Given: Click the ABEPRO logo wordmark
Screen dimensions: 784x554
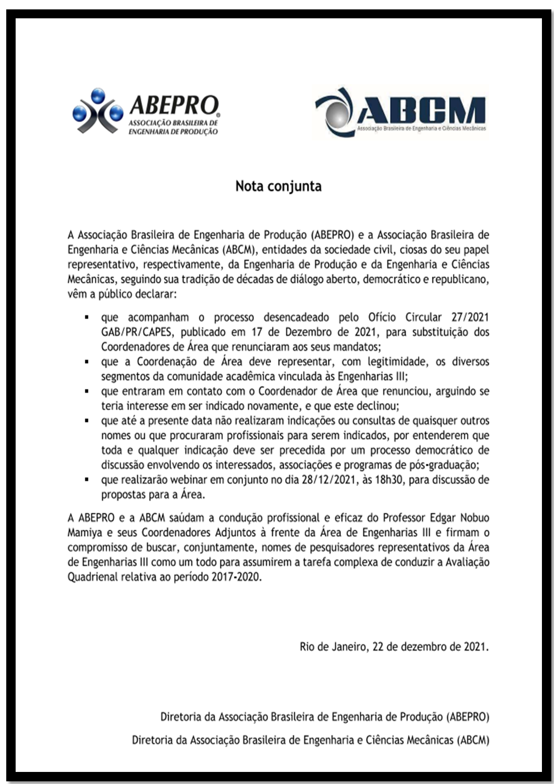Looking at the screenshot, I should click(174, 105).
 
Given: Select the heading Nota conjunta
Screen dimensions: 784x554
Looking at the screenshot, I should click(278, 186).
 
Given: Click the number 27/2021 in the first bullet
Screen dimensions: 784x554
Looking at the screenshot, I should click(470, 317).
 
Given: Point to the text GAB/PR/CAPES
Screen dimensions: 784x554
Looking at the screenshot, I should click(136, 332).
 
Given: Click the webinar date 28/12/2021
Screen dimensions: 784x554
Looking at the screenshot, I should click(329, 480).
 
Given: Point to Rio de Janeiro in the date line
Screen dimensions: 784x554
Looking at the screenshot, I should click(333, 647).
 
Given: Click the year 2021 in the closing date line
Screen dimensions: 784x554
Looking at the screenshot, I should click(475, 647).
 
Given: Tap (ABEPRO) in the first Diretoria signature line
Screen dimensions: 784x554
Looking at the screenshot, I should click(467, 717).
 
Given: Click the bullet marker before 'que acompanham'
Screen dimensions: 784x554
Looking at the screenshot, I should click(87, 317).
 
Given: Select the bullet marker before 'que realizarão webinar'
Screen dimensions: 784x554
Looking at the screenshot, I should click(87, 480).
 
